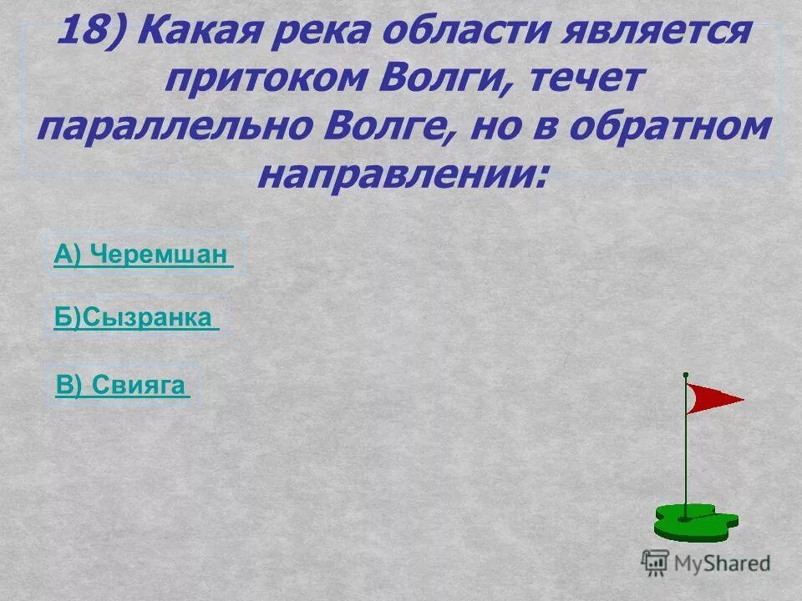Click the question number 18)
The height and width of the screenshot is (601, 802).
(x=92, y=34)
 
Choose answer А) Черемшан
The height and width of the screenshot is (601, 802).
(x=142, y=255)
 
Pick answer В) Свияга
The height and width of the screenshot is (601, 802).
(x=121, y=385)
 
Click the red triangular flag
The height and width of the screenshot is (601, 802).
(x=711, y=398)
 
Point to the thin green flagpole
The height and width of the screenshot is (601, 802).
(x=686, y=451)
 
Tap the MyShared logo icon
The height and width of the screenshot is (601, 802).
(x=654, y=563)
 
